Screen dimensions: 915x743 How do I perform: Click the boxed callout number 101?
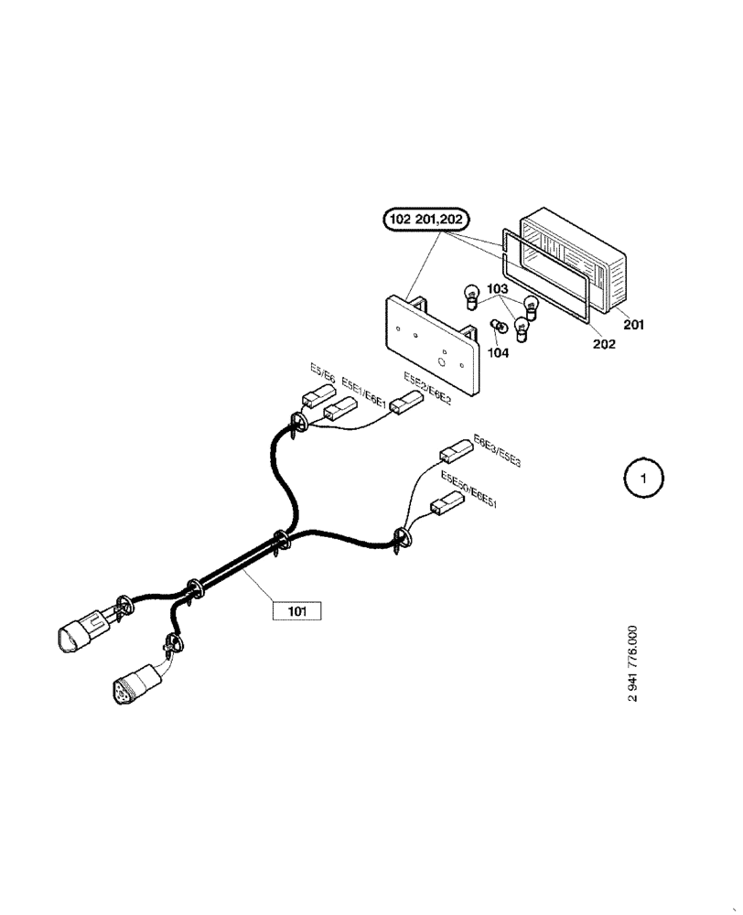297,610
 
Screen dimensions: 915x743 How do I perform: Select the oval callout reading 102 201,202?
426,220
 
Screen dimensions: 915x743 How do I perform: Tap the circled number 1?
643,478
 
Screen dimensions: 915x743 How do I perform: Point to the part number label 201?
633,324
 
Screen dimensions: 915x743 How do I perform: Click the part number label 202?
604,344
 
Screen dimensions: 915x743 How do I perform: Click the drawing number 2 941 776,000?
632,663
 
